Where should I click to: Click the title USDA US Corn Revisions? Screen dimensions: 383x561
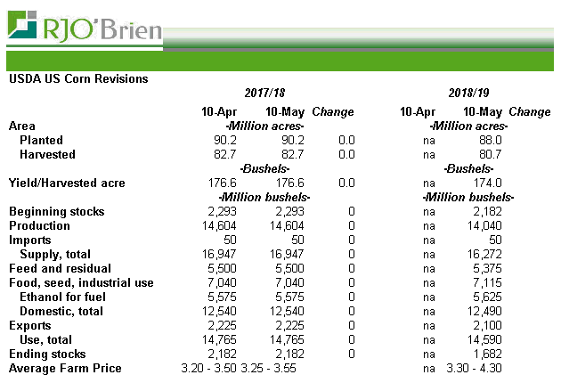[x=78, y=78]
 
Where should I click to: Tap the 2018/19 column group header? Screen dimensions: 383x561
[x=469, y=94]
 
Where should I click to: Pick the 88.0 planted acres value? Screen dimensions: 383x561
[x=491, y=141]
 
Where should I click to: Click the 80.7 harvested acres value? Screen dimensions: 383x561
[x=491, y=155]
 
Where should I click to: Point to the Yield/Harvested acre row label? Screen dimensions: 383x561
[x=67, y=183]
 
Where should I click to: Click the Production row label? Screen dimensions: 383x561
[x=39, y=226]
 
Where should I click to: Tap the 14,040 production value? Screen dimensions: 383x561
[x=488, y=226]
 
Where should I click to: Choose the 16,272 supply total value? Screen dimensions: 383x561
[x=488, y=255]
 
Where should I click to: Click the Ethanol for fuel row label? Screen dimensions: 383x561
[x=61, y=297]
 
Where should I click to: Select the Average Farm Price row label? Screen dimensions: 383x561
[x=65, y=369]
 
